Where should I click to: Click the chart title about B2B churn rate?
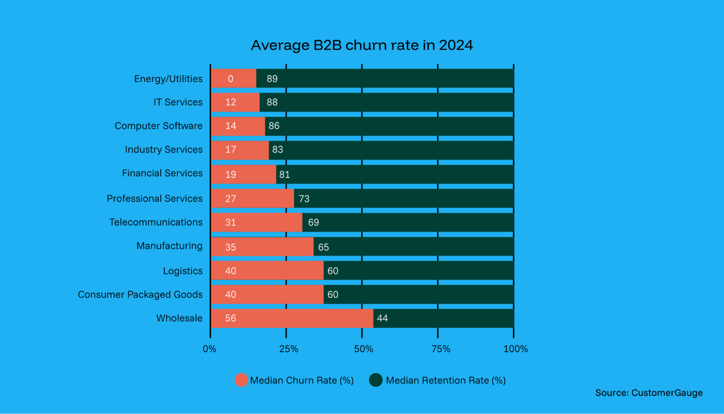362,45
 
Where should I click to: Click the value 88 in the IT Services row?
272,102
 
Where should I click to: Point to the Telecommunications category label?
156,222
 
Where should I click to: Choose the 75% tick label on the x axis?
441,349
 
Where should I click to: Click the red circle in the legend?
241,380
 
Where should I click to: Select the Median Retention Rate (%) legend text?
445,380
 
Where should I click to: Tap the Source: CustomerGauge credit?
649,393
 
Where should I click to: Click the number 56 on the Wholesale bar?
230,318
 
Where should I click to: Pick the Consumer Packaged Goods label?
140,294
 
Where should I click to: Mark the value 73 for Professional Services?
304,198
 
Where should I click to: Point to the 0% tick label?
209,349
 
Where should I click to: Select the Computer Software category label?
158,126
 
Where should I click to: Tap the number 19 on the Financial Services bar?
230,175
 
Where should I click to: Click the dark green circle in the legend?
376,380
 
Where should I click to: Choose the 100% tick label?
515,349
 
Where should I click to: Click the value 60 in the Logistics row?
332,271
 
